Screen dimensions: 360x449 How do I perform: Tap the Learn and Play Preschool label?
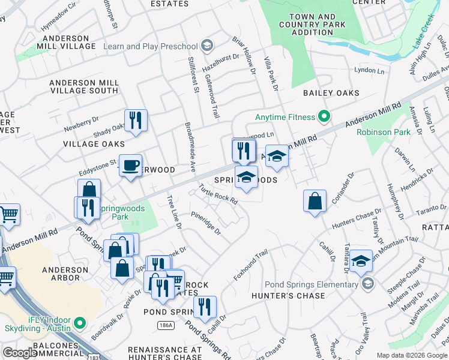pyautogui.click(x=151, y=46)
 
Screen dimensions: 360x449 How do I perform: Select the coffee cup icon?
pyautogui.click(x=130, y=166)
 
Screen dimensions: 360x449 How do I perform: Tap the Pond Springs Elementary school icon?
pyautogui.click(x=368, y=284)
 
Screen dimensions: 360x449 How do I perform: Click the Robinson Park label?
pyautogui.click(x=382, y=132)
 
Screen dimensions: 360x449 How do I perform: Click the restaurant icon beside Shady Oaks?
pyautogui.click(x=136, y=121)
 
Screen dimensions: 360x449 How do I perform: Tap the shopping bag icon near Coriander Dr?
pyautogui.click(x=315, y=202)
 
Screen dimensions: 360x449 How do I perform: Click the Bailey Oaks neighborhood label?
pyautogui.click(x=331, y=93)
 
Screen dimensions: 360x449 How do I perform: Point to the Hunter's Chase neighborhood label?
pyautogui.click(x=297, y=295)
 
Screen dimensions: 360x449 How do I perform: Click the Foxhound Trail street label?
pyautogui.click(x=250, y=266)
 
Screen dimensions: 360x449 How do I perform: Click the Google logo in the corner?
pyautogui.click(x=20, y=353)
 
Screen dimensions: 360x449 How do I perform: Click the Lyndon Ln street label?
pyautogui.click(x=369, y=70)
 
